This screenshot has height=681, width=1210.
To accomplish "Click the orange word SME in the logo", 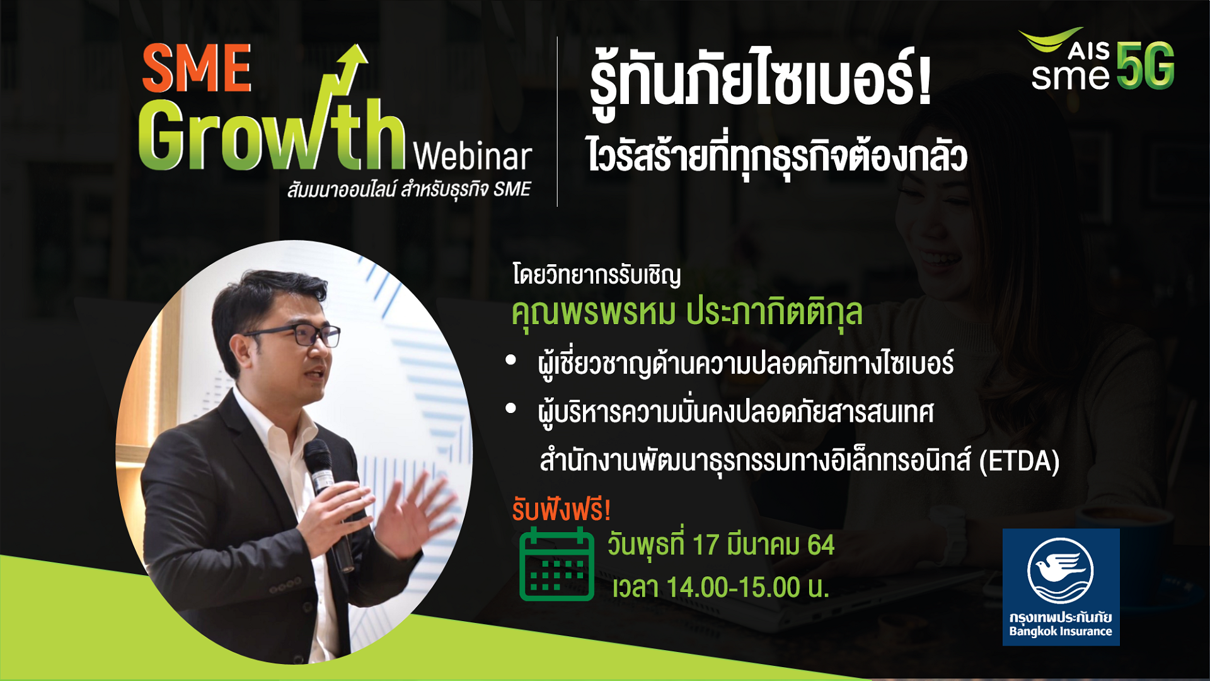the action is (197, 67).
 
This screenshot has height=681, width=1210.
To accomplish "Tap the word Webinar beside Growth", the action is (473, 156).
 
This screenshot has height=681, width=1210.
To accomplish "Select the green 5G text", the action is (1146, 66).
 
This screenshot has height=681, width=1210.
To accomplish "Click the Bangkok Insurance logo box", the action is (1061, 586).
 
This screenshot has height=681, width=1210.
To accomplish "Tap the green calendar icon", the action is (556, 564).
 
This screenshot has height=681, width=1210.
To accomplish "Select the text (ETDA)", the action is (1019, 461).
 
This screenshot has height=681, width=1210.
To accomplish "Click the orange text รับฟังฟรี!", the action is (561, 509).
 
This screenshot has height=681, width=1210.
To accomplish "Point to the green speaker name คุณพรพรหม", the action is (594, 312).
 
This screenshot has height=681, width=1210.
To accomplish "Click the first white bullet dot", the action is (511, 360).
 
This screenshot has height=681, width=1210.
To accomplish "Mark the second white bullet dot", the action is (511, 409).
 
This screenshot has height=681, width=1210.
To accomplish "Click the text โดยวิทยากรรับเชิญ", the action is (597, 276).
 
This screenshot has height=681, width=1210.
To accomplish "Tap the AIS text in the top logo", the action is (1088, 50).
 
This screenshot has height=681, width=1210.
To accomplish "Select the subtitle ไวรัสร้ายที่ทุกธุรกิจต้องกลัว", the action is (776, 158).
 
